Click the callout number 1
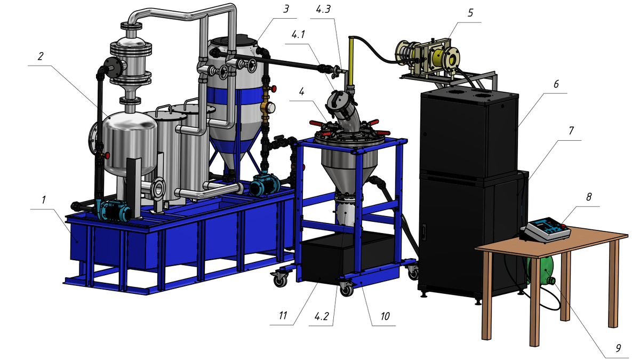click(x=44, y=200)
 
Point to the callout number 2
click(x=41, y=57)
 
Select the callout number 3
click(x=286, y=9)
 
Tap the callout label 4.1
click(x=298, y=35)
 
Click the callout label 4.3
click(x=323, y=10)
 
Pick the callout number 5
click(x=470, y=13)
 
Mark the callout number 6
click(x=556, y=84)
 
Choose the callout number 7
click(x=571, y=131)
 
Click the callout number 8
click(x=589, y=197)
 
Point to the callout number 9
click(x=618, y=348)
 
